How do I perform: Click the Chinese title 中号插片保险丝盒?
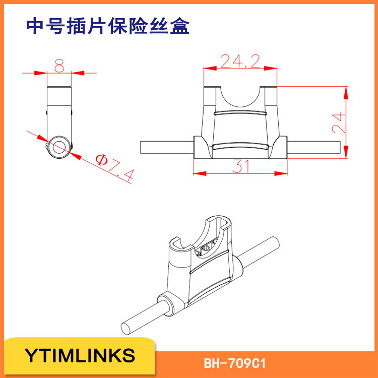click(107, 26)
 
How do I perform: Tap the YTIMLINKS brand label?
click(80, 355)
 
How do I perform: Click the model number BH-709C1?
click(234, 363)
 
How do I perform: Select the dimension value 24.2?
click(240, 61)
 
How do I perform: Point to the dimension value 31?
click(241, 166)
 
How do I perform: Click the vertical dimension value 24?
click(339, 122)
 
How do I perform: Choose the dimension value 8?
click(59, 66)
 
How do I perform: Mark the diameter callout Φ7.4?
click(115, 167)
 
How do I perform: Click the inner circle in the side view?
click(59, 147)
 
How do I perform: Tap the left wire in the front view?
click(167, 147)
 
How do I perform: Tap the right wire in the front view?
click(314, 147)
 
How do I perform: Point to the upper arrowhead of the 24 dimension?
click(346, 93)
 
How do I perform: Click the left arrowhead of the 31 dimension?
click(200, 173)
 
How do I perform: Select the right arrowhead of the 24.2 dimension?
click(271, 69)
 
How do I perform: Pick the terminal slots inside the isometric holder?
click(206, 248)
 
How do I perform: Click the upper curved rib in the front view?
click(240, 112)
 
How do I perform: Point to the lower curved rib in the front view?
click(240, 146)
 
